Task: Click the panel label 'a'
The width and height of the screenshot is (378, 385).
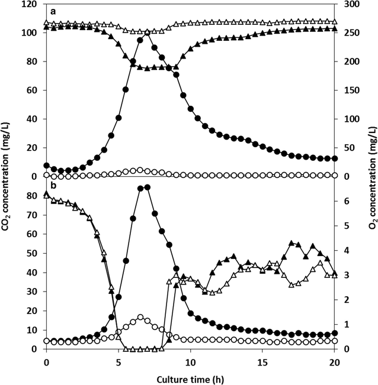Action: pyautogui.click(x=53, y=11)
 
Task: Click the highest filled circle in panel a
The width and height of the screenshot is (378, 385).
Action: pyautogui.click(x=147, y=32)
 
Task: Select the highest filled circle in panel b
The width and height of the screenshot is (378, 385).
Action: pyautogui.click(x=147, y=187)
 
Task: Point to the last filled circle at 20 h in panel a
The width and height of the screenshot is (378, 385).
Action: pyautogui.click(x=335, y=158)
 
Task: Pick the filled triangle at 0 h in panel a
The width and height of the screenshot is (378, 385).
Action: pyautogui.click(x=47, y=27)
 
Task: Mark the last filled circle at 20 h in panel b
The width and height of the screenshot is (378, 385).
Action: pyautogui.click(x=335, y=334)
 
